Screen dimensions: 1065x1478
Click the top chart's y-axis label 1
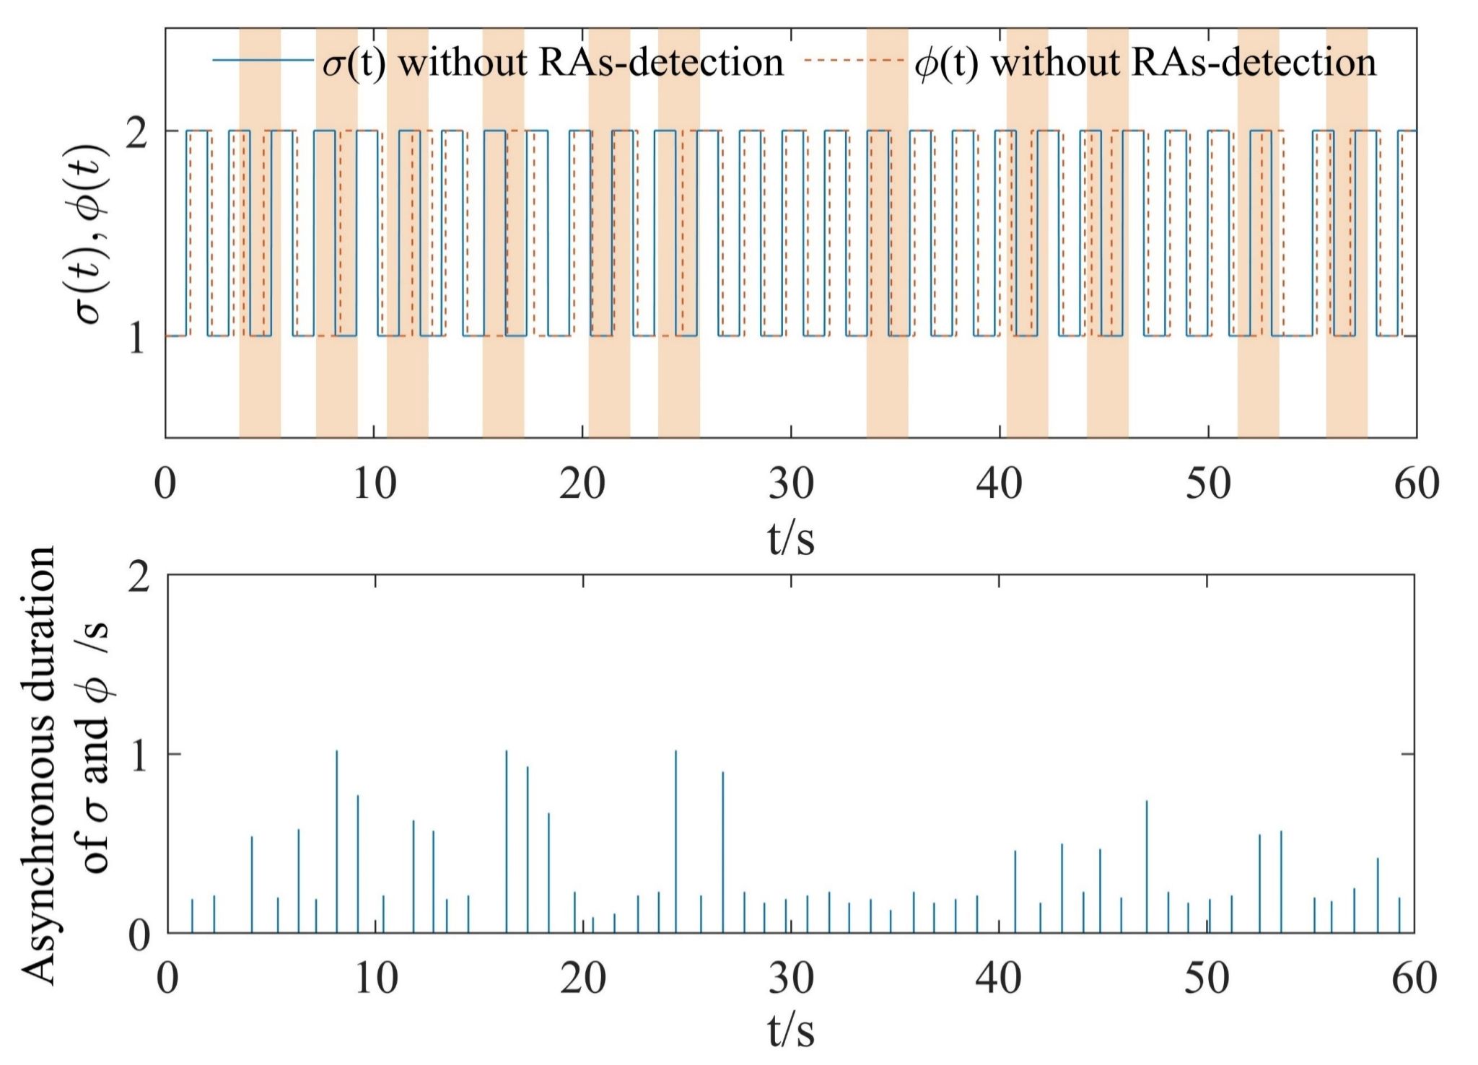point(136,337)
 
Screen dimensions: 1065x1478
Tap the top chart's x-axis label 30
point(791,483)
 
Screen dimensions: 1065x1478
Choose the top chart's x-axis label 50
point(1208,483)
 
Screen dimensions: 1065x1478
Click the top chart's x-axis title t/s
point(791,538)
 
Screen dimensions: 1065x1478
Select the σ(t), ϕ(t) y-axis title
point(94,235)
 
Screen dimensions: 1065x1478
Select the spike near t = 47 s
point(1146,866)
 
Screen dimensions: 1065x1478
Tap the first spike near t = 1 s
point(192,915)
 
